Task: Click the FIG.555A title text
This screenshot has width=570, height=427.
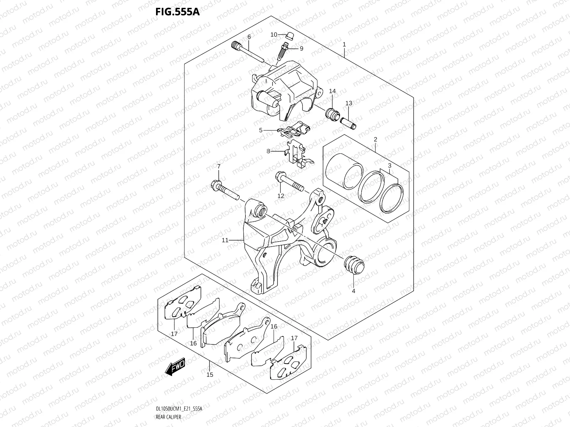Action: (x=177, y=12)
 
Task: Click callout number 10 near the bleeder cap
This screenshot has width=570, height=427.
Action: (x=274, y=35)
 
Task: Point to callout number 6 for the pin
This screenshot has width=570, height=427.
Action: (x=249, y=37)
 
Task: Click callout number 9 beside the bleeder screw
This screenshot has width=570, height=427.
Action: (x=301, y=48)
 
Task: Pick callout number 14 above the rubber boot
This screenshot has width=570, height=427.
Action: (x=332, y=91)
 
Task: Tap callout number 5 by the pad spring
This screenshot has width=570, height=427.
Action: (x=261, y=130)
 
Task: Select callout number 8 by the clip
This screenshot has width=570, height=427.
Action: (x=268, y=151)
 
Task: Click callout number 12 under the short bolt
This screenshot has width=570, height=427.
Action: (x=281, y=196)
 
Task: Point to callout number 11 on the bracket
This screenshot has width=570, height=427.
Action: (x=225, y=240)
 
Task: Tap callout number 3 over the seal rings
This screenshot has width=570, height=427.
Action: (x=389, y=165)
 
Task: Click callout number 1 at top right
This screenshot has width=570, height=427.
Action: (x=344, y=44)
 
